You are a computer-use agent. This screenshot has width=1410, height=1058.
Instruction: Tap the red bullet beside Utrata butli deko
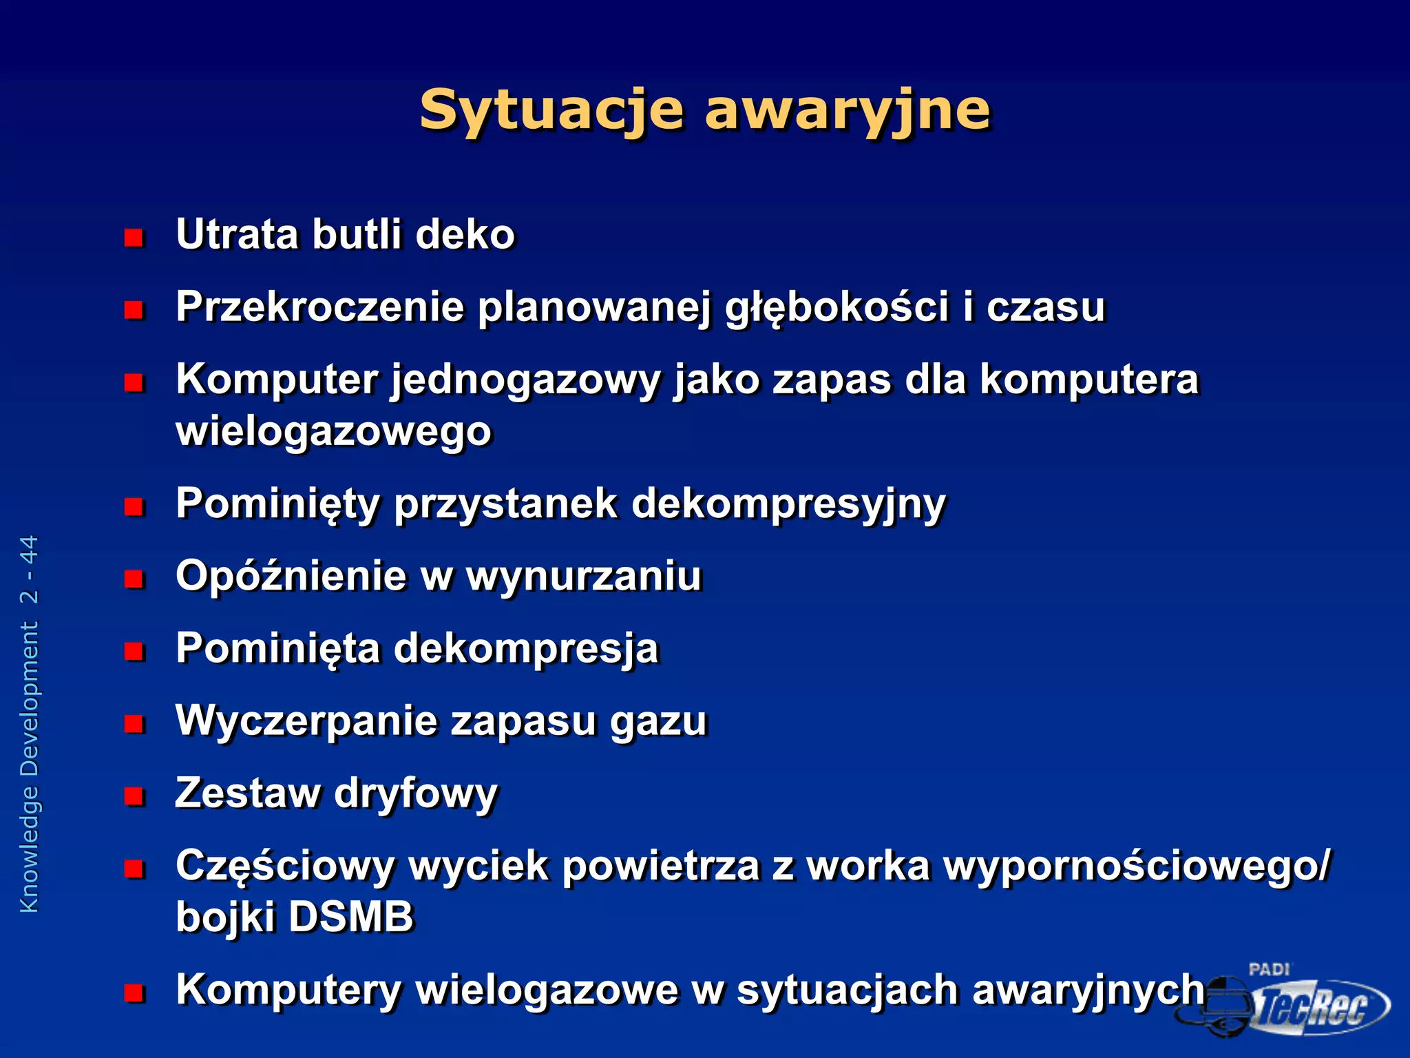click(x=134, y=238)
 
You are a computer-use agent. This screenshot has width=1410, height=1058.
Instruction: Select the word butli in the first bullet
click(x=357, y=234)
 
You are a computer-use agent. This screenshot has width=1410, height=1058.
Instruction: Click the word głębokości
click(x=837, y=308)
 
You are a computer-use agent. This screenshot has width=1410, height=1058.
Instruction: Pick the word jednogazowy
click(x=526, y=381)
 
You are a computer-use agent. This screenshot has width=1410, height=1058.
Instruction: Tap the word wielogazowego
click(x=334, y=433)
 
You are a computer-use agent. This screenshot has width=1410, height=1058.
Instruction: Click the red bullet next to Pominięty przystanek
click(x=134, y=508)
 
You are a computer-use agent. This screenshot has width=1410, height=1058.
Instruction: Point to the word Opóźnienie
click(x=291, y=577)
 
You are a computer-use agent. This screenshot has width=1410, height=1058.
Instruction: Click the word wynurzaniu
click(x=584, y=577)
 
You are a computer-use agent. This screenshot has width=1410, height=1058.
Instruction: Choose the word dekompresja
click(x=526, y=650)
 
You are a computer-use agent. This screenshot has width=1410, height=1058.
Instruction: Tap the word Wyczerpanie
click(x=306, y=722)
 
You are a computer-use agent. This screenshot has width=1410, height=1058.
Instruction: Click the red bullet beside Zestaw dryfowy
click(x=134, y=797)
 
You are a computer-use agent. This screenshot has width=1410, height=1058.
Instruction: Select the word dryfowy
click(x=415, y=794)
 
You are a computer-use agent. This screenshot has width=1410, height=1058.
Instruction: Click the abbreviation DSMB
click(x=351, y=917)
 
